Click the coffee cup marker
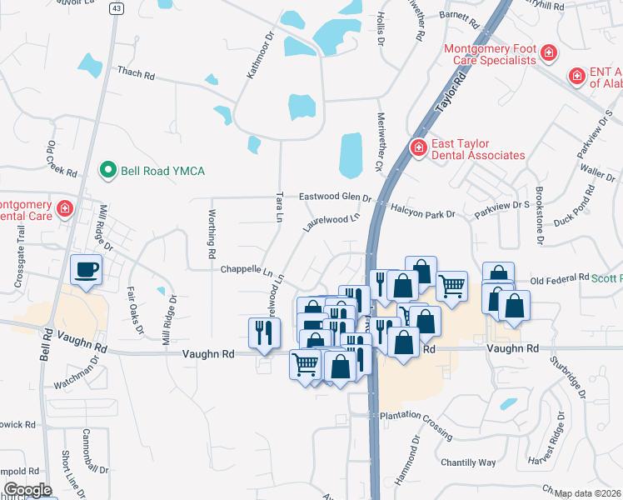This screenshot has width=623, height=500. (x=86, y=270)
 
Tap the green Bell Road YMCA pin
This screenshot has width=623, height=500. (x=107, y=171)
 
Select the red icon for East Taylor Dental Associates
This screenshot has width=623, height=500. (x=418, y=148)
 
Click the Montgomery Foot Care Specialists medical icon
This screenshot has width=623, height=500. (x=548, y=54)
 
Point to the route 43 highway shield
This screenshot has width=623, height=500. (x=117, y=7)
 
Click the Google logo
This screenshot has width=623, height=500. (x=27, y=490)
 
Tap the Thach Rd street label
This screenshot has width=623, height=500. (x=136, y=74)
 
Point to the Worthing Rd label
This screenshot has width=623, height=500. (x=212, y=233)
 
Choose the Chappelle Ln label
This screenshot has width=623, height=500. (x=247, y=270)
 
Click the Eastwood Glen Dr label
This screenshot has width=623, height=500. (x=335, y=197)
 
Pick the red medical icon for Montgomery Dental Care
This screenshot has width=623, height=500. (x=65, y=207)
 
